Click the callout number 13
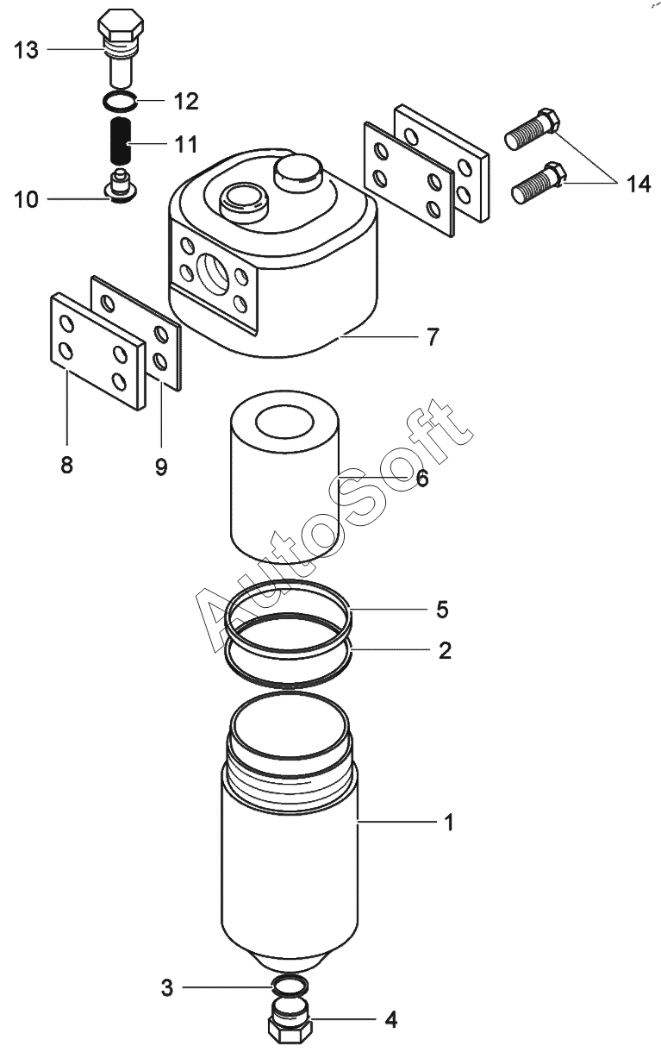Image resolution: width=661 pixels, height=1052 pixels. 26,50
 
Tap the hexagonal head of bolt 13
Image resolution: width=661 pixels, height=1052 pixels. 120,27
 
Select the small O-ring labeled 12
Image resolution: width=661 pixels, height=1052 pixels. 120,101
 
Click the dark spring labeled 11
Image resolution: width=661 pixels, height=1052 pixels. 120,140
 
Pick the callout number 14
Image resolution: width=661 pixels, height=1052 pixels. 638,185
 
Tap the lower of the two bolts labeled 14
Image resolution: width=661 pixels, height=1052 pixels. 539,183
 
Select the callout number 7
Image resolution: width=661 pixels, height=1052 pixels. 432,337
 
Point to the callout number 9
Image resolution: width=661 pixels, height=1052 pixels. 161,467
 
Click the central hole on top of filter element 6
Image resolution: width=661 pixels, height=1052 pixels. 284,423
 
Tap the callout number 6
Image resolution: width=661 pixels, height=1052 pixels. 422,479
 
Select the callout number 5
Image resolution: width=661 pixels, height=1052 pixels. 442,610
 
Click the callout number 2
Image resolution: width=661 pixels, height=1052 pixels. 445,650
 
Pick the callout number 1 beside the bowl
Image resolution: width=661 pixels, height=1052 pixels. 449,836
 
